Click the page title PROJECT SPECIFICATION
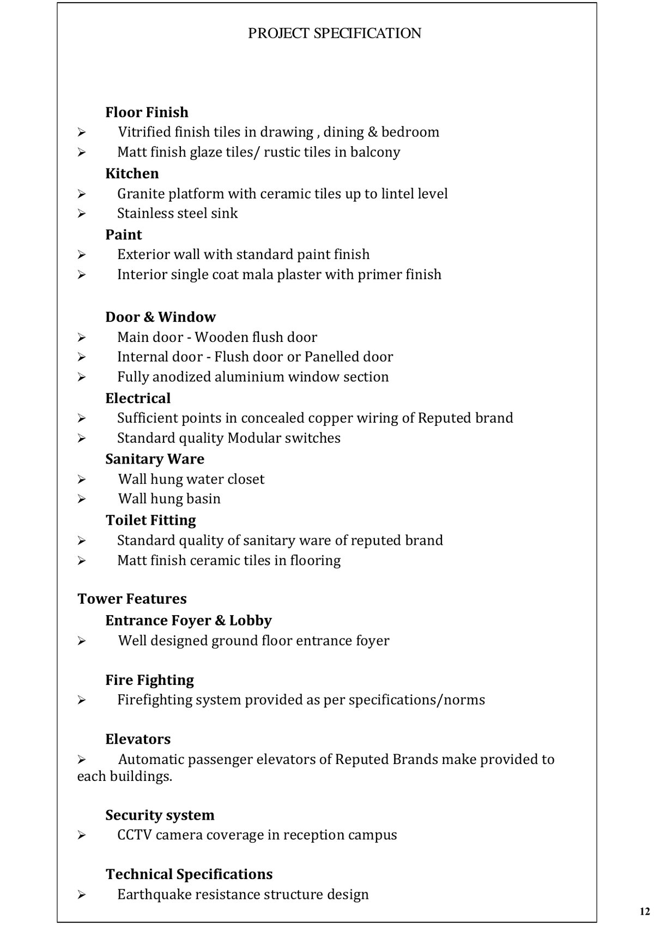point(334,34)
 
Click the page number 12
point(645,911)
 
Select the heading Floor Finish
point(147,112)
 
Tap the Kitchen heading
point(132,173)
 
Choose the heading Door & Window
point(160,317)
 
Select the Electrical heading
point(138,398)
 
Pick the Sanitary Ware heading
point(155,459)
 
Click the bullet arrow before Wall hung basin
point(82,499)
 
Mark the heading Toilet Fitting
point(151,520)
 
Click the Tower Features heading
point(132,599)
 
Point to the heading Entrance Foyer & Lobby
point(188,621)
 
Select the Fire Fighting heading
point(149,680)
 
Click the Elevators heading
point(138,739)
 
